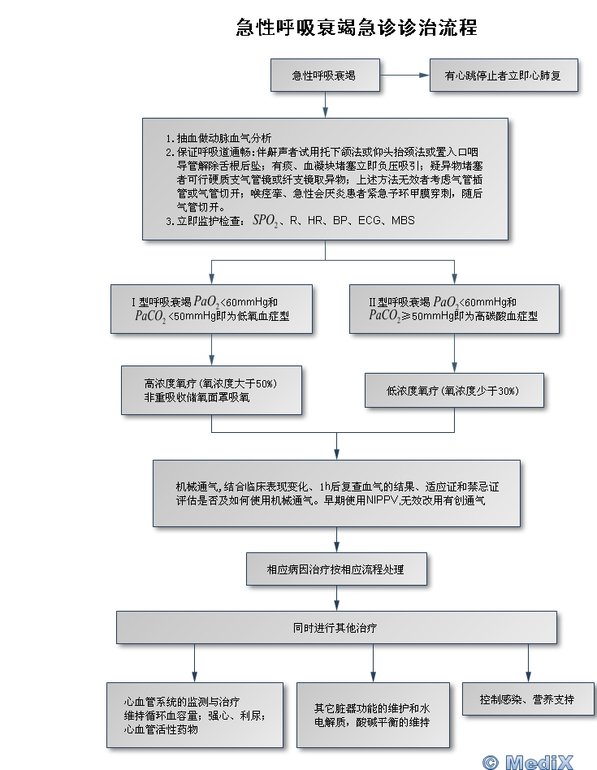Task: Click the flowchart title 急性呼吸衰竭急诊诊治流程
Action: click(x=356, y=27)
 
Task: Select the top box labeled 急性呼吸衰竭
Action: click(x=324, y=76)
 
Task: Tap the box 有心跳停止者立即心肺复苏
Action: click(x=505, y=76)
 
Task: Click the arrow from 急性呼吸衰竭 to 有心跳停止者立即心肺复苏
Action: click(x=404, y=76)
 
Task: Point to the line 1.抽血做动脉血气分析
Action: click(x=218, y=137)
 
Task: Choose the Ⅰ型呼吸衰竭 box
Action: click(x=211, y=309)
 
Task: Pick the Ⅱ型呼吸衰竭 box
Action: click(x=454, y=309)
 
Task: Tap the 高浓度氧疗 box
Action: click(x=211, y=390)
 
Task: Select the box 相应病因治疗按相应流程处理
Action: click(x=335, y=570)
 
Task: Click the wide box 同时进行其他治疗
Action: click(x=335, y=628)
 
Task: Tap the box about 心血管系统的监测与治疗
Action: click(x=195, y=715)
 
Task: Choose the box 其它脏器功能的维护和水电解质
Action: click(x=373, y=715)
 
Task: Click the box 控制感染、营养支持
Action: click(x=528, y=699)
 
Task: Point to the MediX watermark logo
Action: click(x=538, y=761)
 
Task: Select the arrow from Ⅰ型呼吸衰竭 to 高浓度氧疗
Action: click(x=211, y=349)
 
